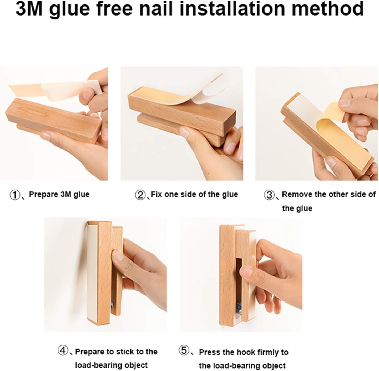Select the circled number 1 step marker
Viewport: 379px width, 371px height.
tap(15, 195)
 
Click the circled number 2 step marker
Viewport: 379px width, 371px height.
tap(140, 195)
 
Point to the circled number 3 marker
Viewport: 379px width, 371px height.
tap(269, 195)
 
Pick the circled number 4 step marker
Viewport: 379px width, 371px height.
tap(63, 351)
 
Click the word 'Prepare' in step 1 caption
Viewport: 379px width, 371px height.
tap(43, 195)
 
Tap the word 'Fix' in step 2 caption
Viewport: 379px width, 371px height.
tap(156, 195)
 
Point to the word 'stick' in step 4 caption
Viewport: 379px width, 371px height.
tap(125, 352)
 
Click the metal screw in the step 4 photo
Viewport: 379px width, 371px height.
tap(112, 305)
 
